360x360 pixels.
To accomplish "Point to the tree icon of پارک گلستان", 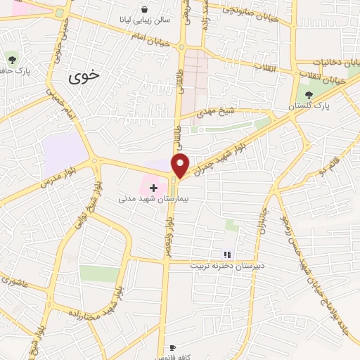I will (309, 95).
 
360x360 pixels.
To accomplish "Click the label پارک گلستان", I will (309, 105).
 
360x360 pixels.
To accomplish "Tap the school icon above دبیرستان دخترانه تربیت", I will (227, 255).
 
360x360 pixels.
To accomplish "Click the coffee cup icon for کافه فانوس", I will (173, 347).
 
